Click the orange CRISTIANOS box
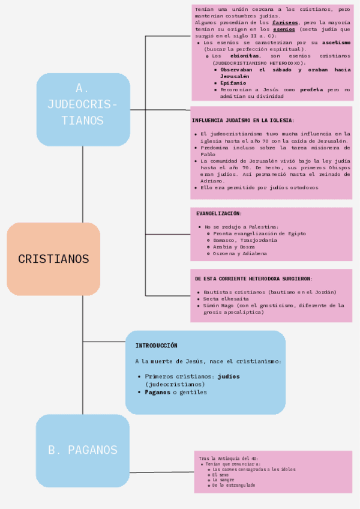tap(53, 259)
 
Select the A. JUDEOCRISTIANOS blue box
tap(83, 110)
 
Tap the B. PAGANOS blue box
tap(83, 450)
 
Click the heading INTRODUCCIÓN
tap(156, 346)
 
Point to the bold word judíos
tap(228, 376)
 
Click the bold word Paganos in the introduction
tap(157, 392)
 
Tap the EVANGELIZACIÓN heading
tap(219, 213)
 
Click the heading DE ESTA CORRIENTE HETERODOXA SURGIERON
tap(253, 279)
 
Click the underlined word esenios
tap(284, 29)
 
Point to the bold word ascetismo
tap(336, 43)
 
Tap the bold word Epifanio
tap(233, 83)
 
